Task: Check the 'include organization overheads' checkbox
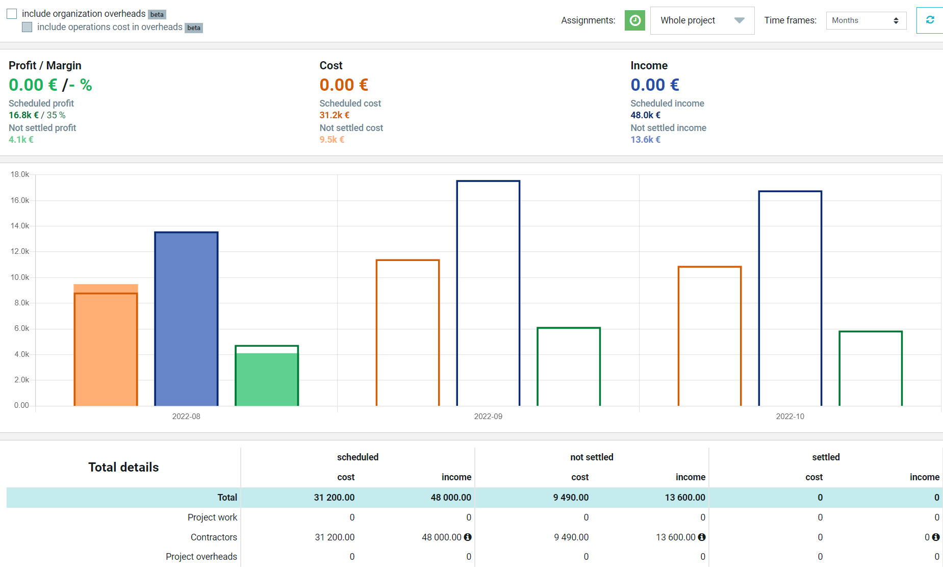click(12, 14)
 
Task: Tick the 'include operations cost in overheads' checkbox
click(27, 27)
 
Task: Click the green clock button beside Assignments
click(635, 20)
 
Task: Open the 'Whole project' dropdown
click(702, 20)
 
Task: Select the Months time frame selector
click(866, 20)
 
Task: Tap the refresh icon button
click(930, 20)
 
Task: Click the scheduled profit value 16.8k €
click(23, 115)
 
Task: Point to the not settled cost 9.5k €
click(332, 140)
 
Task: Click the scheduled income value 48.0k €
click(646, 115)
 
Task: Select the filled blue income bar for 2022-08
click(187, 319)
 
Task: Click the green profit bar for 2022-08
click(267, 376)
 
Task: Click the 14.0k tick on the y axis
click(20, 226)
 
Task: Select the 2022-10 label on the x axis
click(790, 417)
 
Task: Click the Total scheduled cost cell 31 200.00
click(334, 498)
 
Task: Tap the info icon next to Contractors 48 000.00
click(468, 537)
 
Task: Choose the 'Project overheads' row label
click(201, 557)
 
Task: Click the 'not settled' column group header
click(592, 457)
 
